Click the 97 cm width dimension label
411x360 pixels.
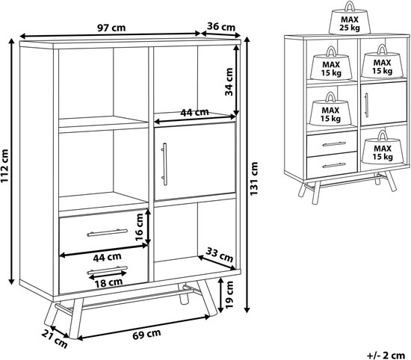point(111,28)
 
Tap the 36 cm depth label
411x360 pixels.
point(221,26)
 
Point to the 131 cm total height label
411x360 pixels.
point(254,179)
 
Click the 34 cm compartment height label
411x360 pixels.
point(229,81)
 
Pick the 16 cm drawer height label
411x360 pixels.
point(139,227)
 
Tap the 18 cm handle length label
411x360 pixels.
point(108,282)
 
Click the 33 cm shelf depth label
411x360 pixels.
point(219,255)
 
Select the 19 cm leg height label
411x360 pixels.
point(229,295)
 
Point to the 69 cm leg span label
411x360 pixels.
point(146,334)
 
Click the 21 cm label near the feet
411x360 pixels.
point(55,339)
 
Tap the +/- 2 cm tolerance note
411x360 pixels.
point(386,356)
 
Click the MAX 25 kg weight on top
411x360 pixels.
point(350,18)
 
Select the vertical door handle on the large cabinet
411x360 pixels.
point(164,164)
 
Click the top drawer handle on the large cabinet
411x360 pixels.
point(107,233)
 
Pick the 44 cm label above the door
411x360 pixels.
point(194,112)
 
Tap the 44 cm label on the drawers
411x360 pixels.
point(107,257)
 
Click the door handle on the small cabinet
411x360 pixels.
point(366,105)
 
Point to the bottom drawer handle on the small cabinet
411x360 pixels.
point(334,165)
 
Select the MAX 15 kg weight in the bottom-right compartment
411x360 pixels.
point(383,148)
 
